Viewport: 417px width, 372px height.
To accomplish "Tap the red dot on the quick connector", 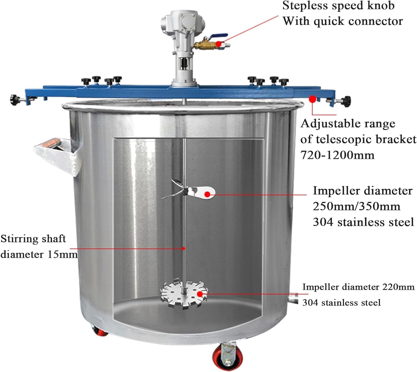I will (x=219, y=44).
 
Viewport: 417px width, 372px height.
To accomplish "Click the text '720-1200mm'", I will (x=337, y=155).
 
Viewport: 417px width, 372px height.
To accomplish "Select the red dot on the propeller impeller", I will (x=207, y=194).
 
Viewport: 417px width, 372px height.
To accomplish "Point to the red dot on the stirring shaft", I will (x=184, y=248).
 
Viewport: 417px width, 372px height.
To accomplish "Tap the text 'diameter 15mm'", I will (x=39, y=254).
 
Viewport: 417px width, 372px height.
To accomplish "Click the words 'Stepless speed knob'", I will (x=338, y=6).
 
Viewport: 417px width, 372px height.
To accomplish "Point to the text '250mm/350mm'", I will (x=356, y=206).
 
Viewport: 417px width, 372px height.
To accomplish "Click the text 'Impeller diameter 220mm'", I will (x=358, y=287).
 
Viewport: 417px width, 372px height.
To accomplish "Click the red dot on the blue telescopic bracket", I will (x=313, y=99).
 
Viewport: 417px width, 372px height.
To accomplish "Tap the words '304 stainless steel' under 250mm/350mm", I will (x=363, y=222).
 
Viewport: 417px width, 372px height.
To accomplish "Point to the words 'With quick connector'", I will (x=342, y=21).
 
